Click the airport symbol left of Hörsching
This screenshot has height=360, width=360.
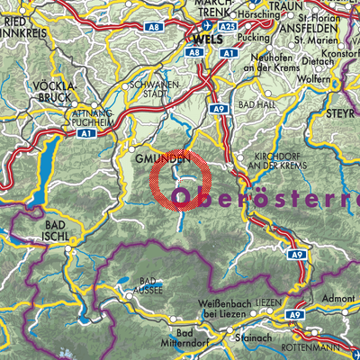point(232,16)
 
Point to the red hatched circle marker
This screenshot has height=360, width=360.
point(180,180)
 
